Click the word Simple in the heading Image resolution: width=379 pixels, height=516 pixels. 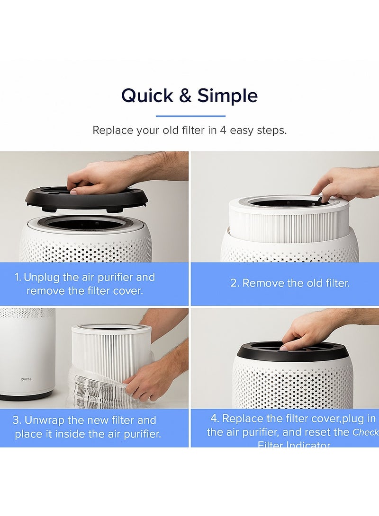[227, 96]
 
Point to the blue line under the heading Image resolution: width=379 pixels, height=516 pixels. [190, 116]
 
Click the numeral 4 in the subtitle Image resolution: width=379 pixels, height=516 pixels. [223, 130]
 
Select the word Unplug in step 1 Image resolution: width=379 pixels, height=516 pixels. [41, 277]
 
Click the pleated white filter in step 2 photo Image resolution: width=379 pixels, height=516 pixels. [289, 222]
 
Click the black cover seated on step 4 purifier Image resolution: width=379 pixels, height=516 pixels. [294, 352]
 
